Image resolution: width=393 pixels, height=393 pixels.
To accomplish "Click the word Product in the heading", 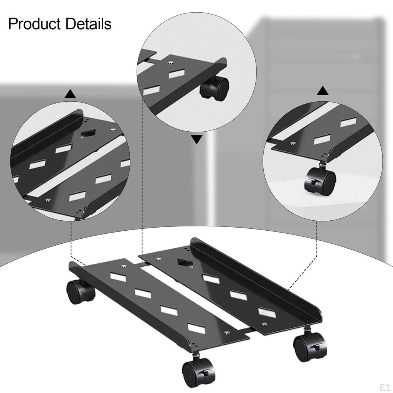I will [35, 24].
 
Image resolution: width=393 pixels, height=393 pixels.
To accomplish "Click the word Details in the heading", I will [88, 24].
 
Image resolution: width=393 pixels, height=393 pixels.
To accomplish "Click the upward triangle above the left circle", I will [70, 94].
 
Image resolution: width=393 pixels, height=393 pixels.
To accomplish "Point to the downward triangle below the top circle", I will [196, 140].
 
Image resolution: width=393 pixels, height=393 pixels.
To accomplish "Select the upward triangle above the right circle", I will [323, 91].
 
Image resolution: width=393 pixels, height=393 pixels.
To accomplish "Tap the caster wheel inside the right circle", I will [320, 180].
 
